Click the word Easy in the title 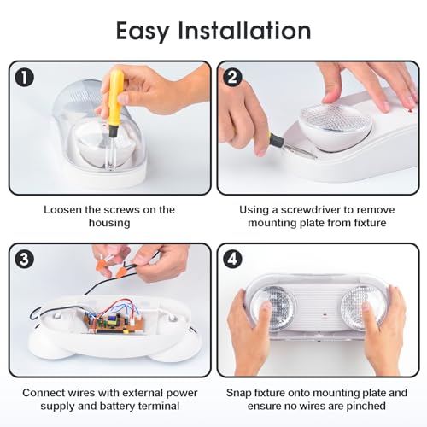point(143,32)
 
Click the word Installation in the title point(244,30)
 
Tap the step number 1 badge point(25,78)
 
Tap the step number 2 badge point(233,78)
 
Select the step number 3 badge point(25,260)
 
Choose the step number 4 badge point(233,260)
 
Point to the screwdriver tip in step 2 point(315,157)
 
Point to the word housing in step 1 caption point(109,223)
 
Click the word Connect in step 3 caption point(42,393)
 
